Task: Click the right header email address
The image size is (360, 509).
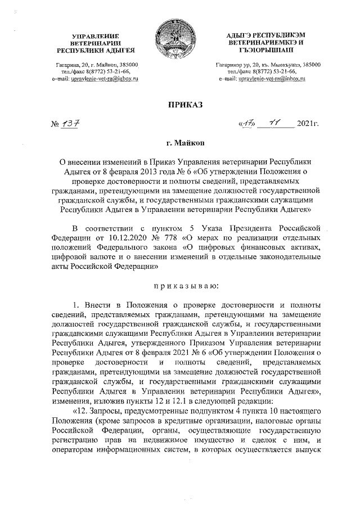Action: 262,80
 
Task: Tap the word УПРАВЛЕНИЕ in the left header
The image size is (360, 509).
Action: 96,37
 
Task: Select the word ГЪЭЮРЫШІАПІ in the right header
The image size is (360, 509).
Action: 262,50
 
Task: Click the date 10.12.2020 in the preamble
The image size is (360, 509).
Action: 112,237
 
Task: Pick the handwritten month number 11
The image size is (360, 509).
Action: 275,122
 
